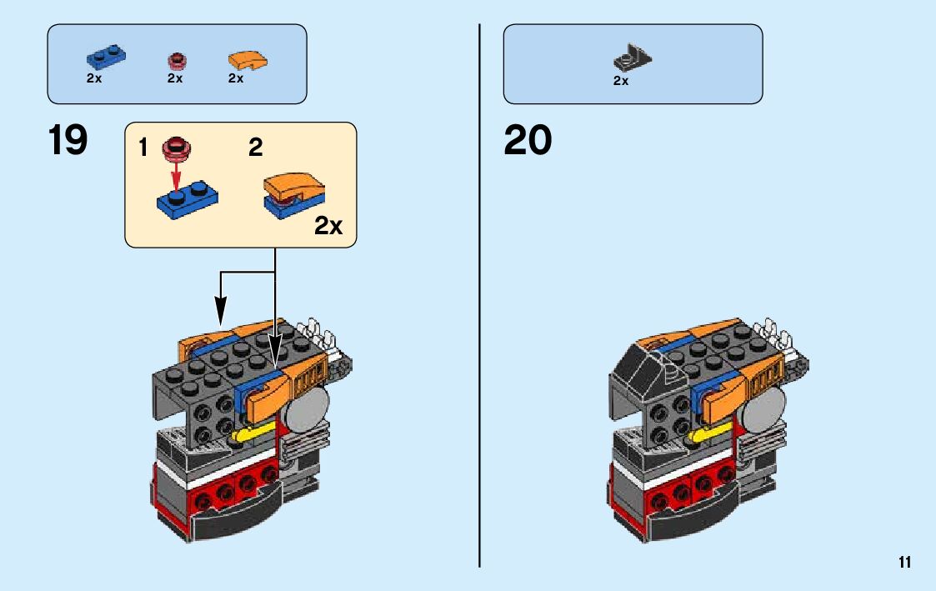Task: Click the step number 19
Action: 68,140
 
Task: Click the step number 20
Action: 528,140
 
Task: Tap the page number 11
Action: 904,563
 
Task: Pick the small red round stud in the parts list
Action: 175,60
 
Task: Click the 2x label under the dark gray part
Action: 621,81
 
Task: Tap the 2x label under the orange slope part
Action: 236,78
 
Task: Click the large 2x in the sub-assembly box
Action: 328,227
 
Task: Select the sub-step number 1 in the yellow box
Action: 143,149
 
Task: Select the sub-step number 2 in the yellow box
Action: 256,149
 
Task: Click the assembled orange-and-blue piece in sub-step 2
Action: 296,193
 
